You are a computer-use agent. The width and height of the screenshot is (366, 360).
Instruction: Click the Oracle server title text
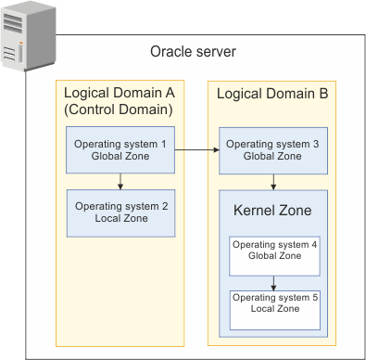pyautogui.click(x=193, y=51)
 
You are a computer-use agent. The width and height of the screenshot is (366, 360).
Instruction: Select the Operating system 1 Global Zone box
pyautogui.click(x=120, y=150)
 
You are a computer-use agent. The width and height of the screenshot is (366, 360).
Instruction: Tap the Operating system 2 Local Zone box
pyautogui.click(x=120, y=212)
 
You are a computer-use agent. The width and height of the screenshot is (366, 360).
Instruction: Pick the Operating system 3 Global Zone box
pyautogui.click(x=272, y=150)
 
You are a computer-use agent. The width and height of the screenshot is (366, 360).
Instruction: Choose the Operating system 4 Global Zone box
pyautogui.click(x=273, y=255)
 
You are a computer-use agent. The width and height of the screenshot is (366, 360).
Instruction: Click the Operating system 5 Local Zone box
pyautogui.click(x=273, y=309)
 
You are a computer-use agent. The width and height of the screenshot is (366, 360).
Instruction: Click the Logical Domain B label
pyautogui.click(x=271, y=94)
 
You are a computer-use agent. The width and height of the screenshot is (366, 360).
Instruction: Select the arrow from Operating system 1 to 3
pyautogui.click(x=196, y=149)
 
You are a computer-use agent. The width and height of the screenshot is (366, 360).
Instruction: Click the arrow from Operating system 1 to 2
pyautogui.click(x=120, y=182)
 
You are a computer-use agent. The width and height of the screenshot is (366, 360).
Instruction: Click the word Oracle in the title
pyautogui.click(x=170, y=51)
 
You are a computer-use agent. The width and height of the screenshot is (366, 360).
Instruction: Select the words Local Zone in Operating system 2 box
pyautogui.click(x=120, y=219)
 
